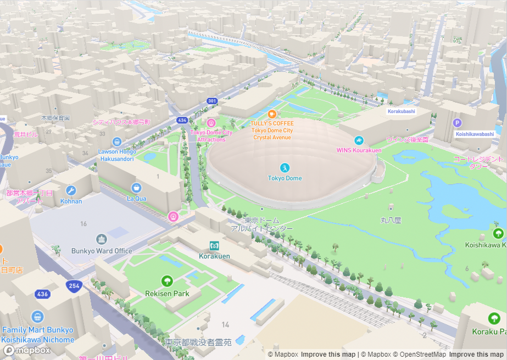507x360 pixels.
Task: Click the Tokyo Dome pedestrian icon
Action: coord(285,167)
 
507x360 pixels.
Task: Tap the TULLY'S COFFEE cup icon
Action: coord(271,114)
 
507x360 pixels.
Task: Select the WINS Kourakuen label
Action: coord(359,150)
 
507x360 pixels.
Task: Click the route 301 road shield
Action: coord(212,101)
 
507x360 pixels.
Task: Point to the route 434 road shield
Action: coord(182,120)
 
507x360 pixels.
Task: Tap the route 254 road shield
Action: coord(74,285)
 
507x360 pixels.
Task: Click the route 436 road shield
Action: coord(42,294)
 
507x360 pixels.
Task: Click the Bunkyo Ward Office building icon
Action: coord(102,239)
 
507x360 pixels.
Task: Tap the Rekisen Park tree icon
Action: coord(167,282)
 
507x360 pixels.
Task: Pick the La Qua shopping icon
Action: coord(136,188)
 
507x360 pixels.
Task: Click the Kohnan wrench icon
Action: coord(70,190)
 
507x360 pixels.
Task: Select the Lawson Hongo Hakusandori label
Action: coord(116,155)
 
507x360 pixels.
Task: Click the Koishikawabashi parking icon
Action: coord(457,123)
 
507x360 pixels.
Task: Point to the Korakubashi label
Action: coord(402,111)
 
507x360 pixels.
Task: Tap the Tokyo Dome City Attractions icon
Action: coord(211,122)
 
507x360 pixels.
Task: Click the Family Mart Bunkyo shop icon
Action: coord(37,317)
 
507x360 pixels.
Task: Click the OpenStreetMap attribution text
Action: coord(419,355)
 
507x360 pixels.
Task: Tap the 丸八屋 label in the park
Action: coord(391,220)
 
